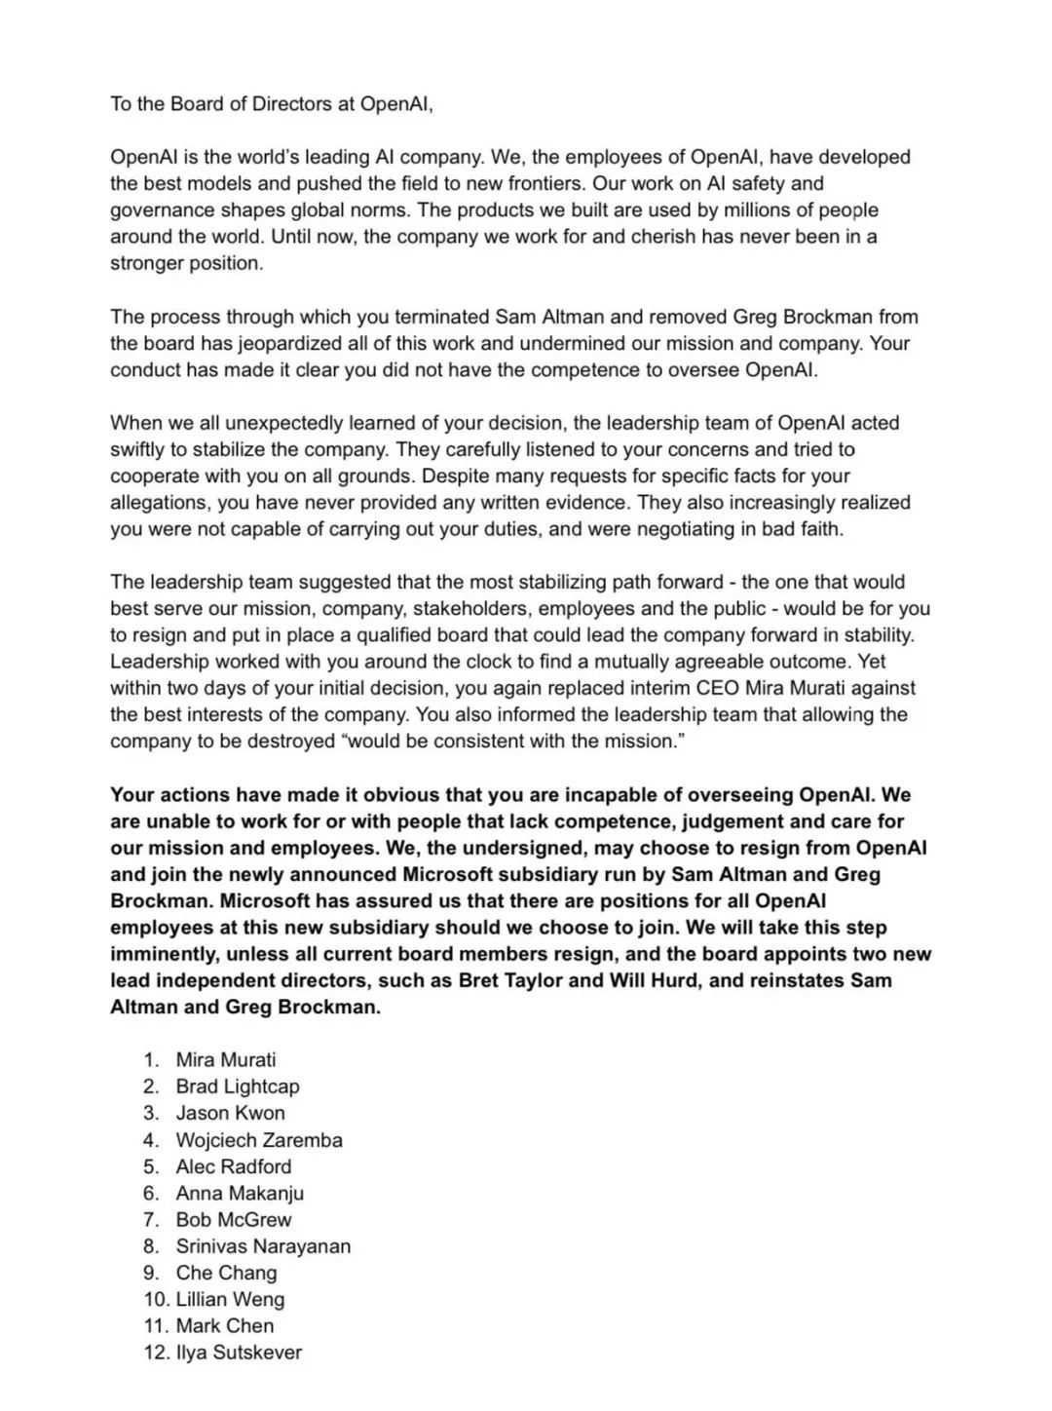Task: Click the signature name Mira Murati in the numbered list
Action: click(225, 1059)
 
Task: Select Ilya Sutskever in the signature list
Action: click(239, 1352)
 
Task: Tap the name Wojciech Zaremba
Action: click(258, 1139)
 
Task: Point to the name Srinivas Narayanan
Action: click(263, 1245)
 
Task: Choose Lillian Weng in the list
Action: click(230, 1299)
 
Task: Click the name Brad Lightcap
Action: click(237, 1086)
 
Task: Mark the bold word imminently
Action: click(164, 954)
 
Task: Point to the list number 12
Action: click(155, 1352)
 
